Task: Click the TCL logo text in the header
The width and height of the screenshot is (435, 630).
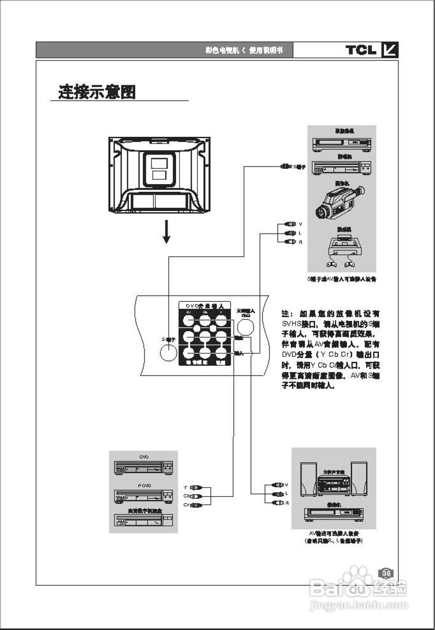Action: pyautogui.click(x=361, y=50)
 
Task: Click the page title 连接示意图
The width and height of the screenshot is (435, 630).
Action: pyautogui.click(x=97, y=92)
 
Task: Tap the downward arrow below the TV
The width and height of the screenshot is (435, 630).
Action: pyautogui.click(x=167, y=232)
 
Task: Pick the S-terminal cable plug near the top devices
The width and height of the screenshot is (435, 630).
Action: pyautogui.click(x=286, y=167)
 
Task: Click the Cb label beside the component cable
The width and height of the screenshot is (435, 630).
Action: pyautogui.click(x=186, y=496)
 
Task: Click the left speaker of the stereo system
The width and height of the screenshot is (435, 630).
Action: pyautogui.click(x=308, y=478)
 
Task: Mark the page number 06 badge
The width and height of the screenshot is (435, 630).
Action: pyautogui.click(x=386, y=573)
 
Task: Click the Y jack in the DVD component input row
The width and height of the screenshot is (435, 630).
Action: pyautogui.click(x=221, y=321)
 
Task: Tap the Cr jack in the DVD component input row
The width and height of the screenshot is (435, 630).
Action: pyautogui.click(x=188, y=321)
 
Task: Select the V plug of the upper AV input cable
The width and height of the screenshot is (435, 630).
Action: pyautogui.click(x=290, y=224)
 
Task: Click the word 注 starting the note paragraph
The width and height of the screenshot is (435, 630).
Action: pyautogui.click(x=286, y=314)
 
